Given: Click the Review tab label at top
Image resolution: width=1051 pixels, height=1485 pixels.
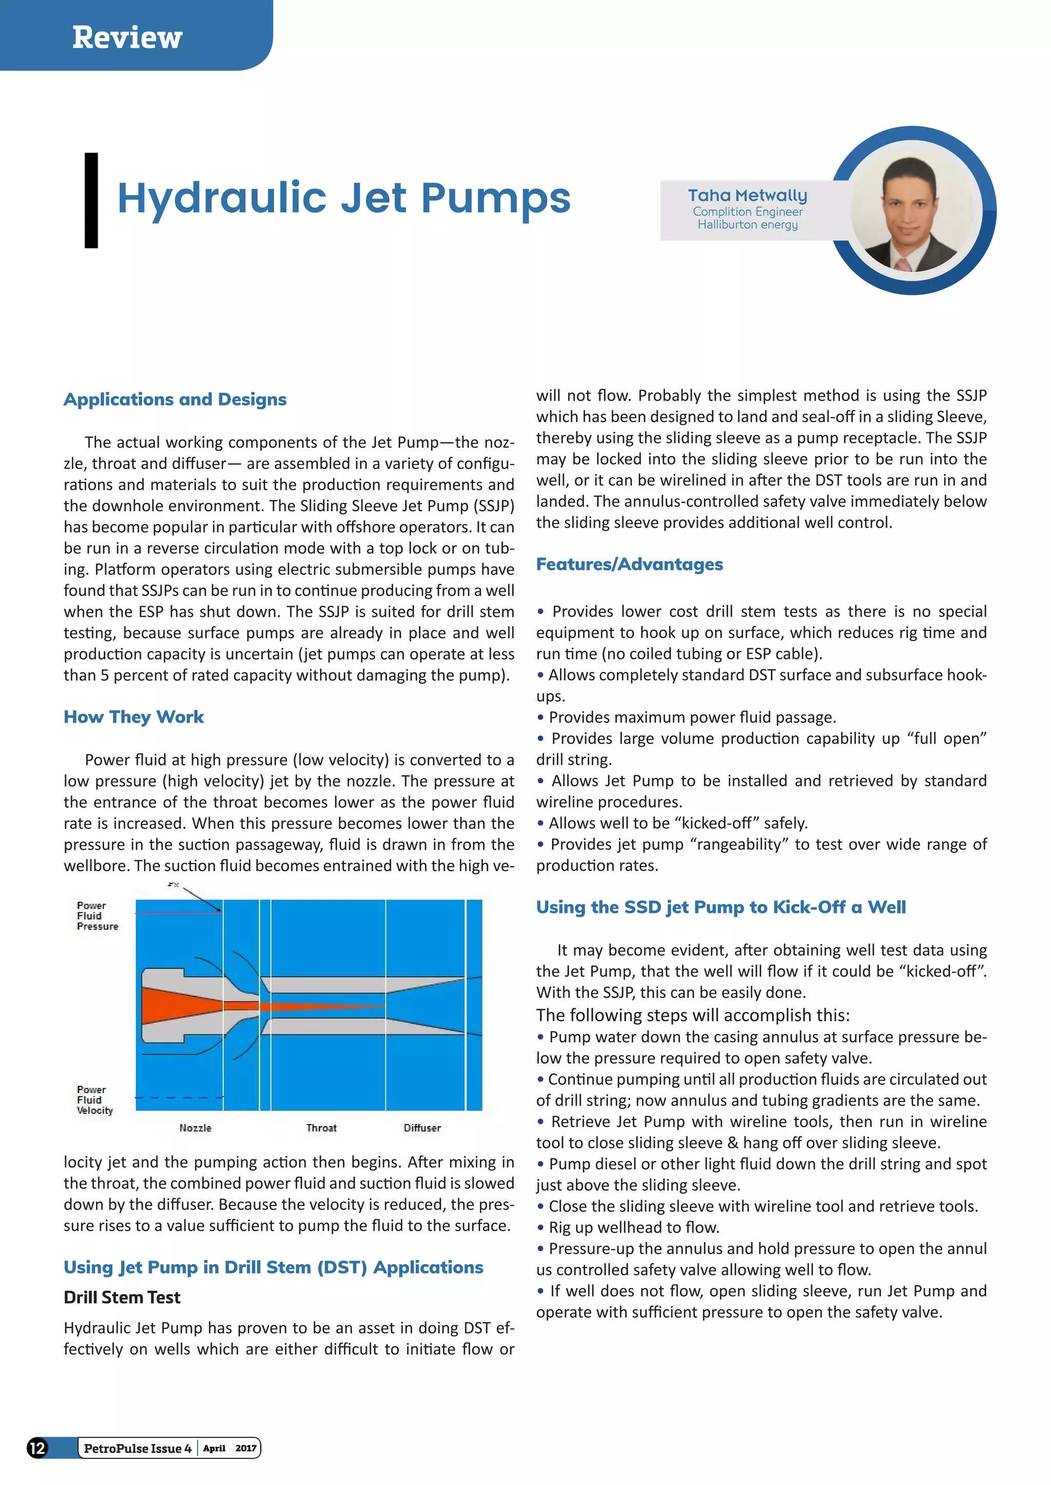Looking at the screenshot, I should (127, 37).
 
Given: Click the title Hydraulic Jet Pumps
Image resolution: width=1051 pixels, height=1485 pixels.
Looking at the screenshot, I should (344, 197).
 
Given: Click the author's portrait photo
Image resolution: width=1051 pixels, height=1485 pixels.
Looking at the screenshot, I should (912, 212).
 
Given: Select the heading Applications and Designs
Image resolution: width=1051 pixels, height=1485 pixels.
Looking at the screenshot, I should (174, 399).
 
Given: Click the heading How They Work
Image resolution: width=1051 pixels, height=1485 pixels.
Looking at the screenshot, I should (133, 717).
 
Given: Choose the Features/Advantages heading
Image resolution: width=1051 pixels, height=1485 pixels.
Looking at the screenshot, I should (629, 564).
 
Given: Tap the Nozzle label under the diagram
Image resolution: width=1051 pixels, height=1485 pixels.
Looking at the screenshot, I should (196, 1128).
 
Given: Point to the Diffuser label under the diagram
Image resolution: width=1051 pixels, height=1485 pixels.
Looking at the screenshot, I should (422, 1128).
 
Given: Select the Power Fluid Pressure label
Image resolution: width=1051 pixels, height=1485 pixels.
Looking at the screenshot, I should (96, 916).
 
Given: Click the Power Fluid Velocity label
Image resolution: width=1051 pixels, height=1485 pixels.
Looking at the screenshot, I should (94, 1100).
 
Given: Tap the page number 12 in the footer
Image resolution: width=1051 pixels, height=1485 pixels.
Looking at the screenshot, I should (37, 1448).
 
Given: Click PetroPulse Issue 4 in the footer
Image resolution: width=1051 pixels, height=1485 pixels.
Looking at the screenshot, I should (137, 1448).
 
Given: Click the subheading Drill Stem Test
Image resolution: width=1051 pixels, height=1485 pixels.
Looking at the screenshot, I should (122, 1297).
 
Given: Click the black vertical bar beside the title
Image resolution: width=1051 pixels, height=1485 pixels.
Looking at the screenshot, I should (91, 200).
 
